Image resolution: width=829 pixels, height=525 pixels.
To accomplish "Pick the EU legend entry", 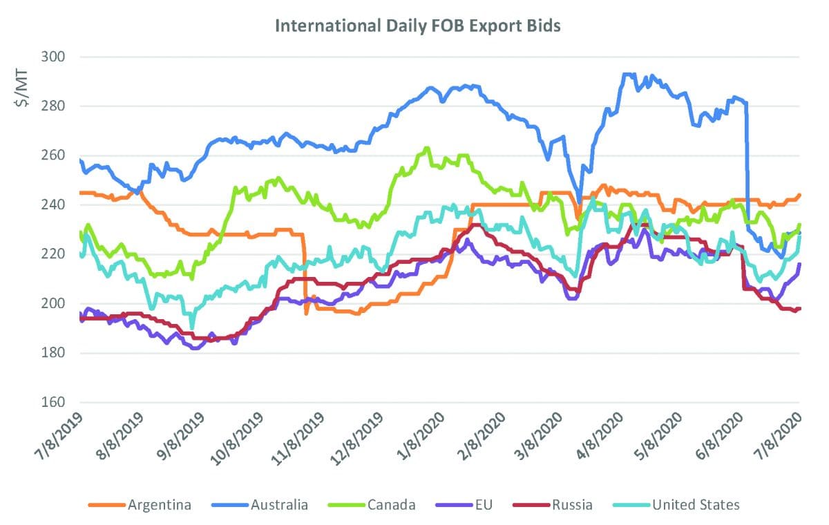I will click(474, 505).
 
